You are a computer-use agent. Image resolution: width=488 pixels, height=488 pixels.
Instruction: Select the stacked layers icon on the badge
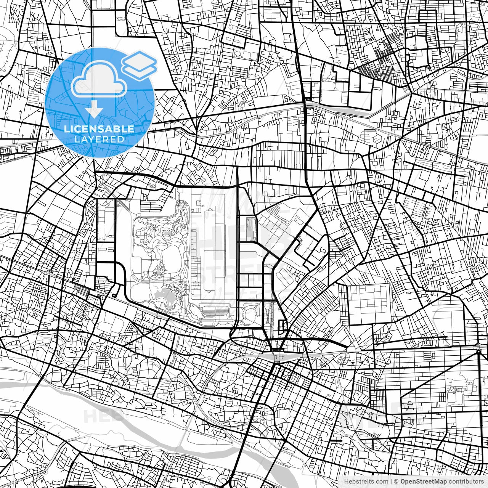(x=139, y=65)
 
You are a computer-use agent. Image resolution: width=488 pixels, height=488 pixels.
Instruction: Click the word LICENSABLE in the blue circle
(x=99, y=129)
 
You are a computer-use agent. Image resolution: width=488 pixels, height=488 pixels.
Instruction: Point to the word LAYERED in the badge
(x=99, y=139)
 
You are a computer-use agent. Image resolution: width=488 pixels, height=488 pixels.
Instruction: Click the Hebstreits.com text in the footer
(x=366, y=482)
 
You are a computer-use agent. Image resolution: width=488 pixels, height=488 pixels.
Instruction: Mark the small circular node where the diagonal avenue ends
(x=478, y=351)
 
